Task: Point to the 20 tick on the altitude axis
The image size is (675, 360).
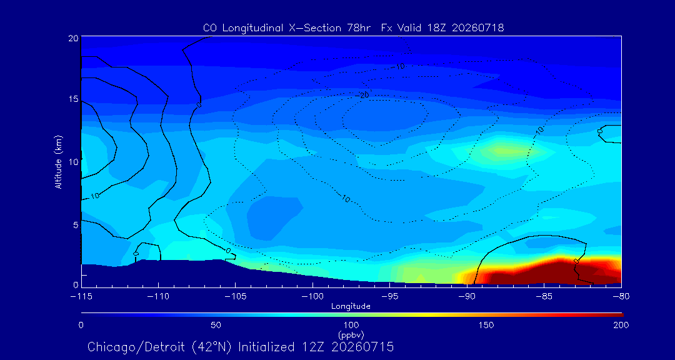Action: point(72,38)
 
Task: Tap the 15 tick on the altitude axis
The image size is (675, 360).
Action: point(73,99)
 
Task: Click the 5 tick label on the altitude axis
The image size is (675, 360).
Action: point(76,225)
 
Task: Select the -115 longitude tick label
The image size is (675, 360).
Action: point(81,297)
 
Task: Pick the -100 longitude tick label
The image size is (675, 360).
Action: point(312,297)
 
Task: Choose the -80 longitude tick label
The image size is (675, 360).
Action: point(621,297)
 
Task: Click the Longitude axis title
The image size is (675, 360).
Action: point(351,307)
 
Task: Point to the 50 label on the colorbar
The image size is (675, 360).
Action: point(216,325)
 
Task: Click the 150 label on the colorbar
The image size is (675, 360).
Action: point(486,325)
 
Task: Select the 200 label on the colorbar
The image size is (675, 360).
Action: point(621,325)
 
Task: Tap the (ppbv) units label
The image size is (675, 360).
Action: point(351,334)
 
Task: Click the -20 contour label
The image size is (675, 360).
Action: point(364,95)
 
